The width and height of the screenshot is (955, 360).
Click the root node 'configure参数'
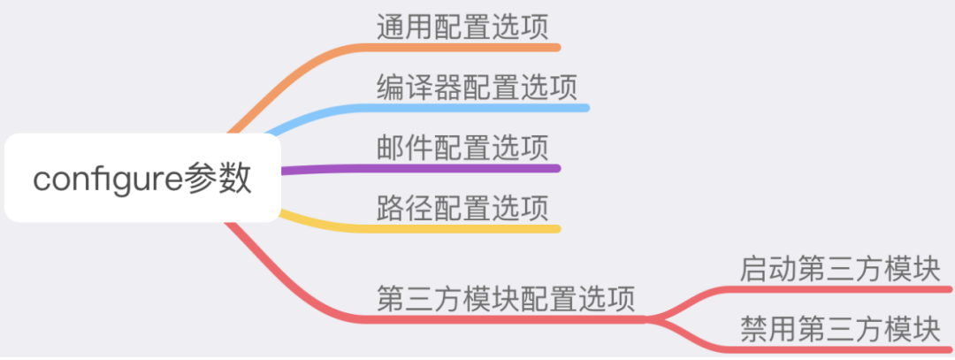142,178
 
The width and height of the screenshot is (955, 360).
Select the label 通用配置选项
462,27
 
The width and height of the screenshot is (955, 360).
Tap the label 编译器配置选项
477,87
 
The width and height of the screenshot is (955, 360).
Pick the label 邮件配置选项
462,148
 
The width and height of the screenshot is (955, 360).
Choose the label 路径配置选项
462,208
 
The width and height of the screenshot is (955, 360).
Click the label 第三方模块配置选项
506,298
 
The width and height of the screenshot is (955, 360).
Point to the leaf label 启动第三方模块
841,269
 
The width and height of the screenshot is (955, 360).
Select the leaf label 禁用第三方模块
841,329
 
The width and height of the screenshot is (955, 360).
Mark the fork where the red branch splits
646,318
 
